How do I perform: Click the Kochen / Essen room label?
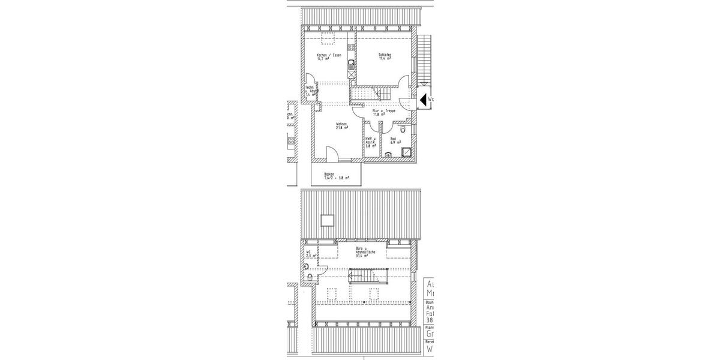pyautogui.click(x=329, y=56)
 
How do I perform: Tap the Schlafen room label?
pyautogui.click(x=385, y=56)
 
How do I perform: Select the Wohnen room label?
pyautogui.click(x=342, y=124)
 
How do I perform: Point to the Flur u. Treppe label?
pyautogui.click(x=384, y=111)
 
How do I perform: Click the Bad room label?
pyautogui.click(x=394, y=139)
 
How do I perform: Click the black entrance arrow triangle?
pyautogui.click(x=422, y=100)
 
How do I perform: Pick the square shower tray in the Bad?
pyautogui.click(x=406, y=152)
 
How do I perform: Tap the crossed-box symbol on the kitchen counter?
pyautogui.click(x=350, y=74)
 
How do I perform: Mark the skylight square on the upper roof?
pyautogui.click(x=328, y=220)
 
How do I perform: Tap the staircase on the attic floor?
pyautogui.click(x=362, y=277)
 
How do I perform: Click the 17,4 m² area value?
pyautogui.click(x=385, y=59)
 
